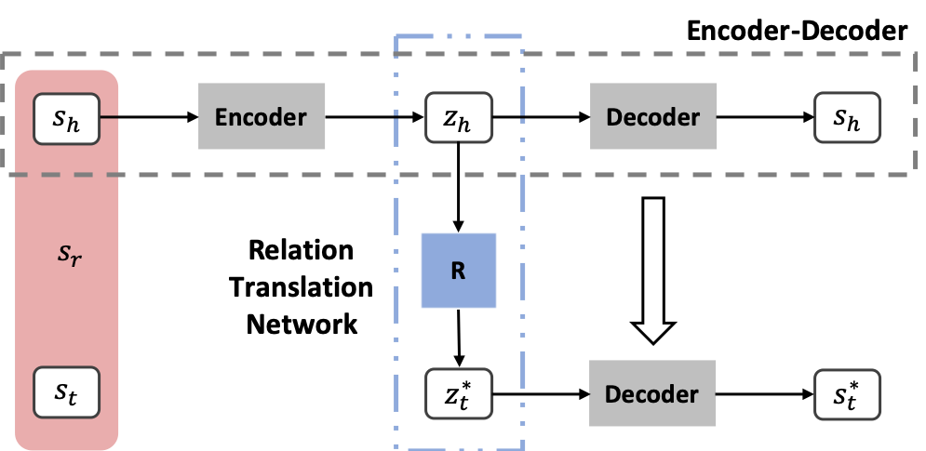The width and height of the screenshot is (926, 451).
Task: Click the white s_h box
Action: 66,118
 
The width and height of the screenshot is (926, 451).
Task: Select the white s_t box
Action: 66,392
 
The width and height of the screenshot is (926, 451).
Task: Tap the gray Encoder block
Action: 262,116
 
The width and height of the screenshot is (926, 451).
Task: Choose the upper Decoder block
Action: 653,116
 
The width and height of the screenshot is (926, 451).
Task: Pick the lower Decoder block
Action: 652,393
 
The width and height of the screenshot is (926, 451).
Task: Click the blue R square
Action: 458,271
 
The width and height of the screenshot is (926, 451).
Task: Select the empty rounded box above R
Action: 458,117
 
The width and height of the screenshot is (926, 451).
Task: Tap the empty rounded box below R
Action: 458,393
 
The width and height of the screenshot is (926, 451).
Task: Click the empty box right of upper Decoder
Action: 847,117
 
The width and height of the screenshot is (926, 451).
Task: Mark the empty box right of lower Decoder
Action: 847,393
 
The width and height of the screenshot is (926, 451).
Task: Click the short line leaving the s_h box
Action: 112,118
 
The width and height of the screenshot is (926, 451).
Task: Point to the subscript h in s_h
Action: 74,123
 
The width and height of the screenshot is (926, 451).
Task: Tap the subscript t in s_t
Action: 74,398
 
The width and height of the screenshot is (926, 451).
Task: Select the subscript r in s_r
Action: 76,259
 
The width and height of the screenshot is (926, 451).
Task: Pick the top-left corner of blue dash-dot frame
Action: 397,36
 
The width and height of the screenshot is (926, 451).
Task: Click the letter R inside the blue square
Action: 458,271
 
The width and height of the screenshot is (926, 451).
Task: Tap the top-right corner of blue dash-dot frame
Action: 522,36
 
